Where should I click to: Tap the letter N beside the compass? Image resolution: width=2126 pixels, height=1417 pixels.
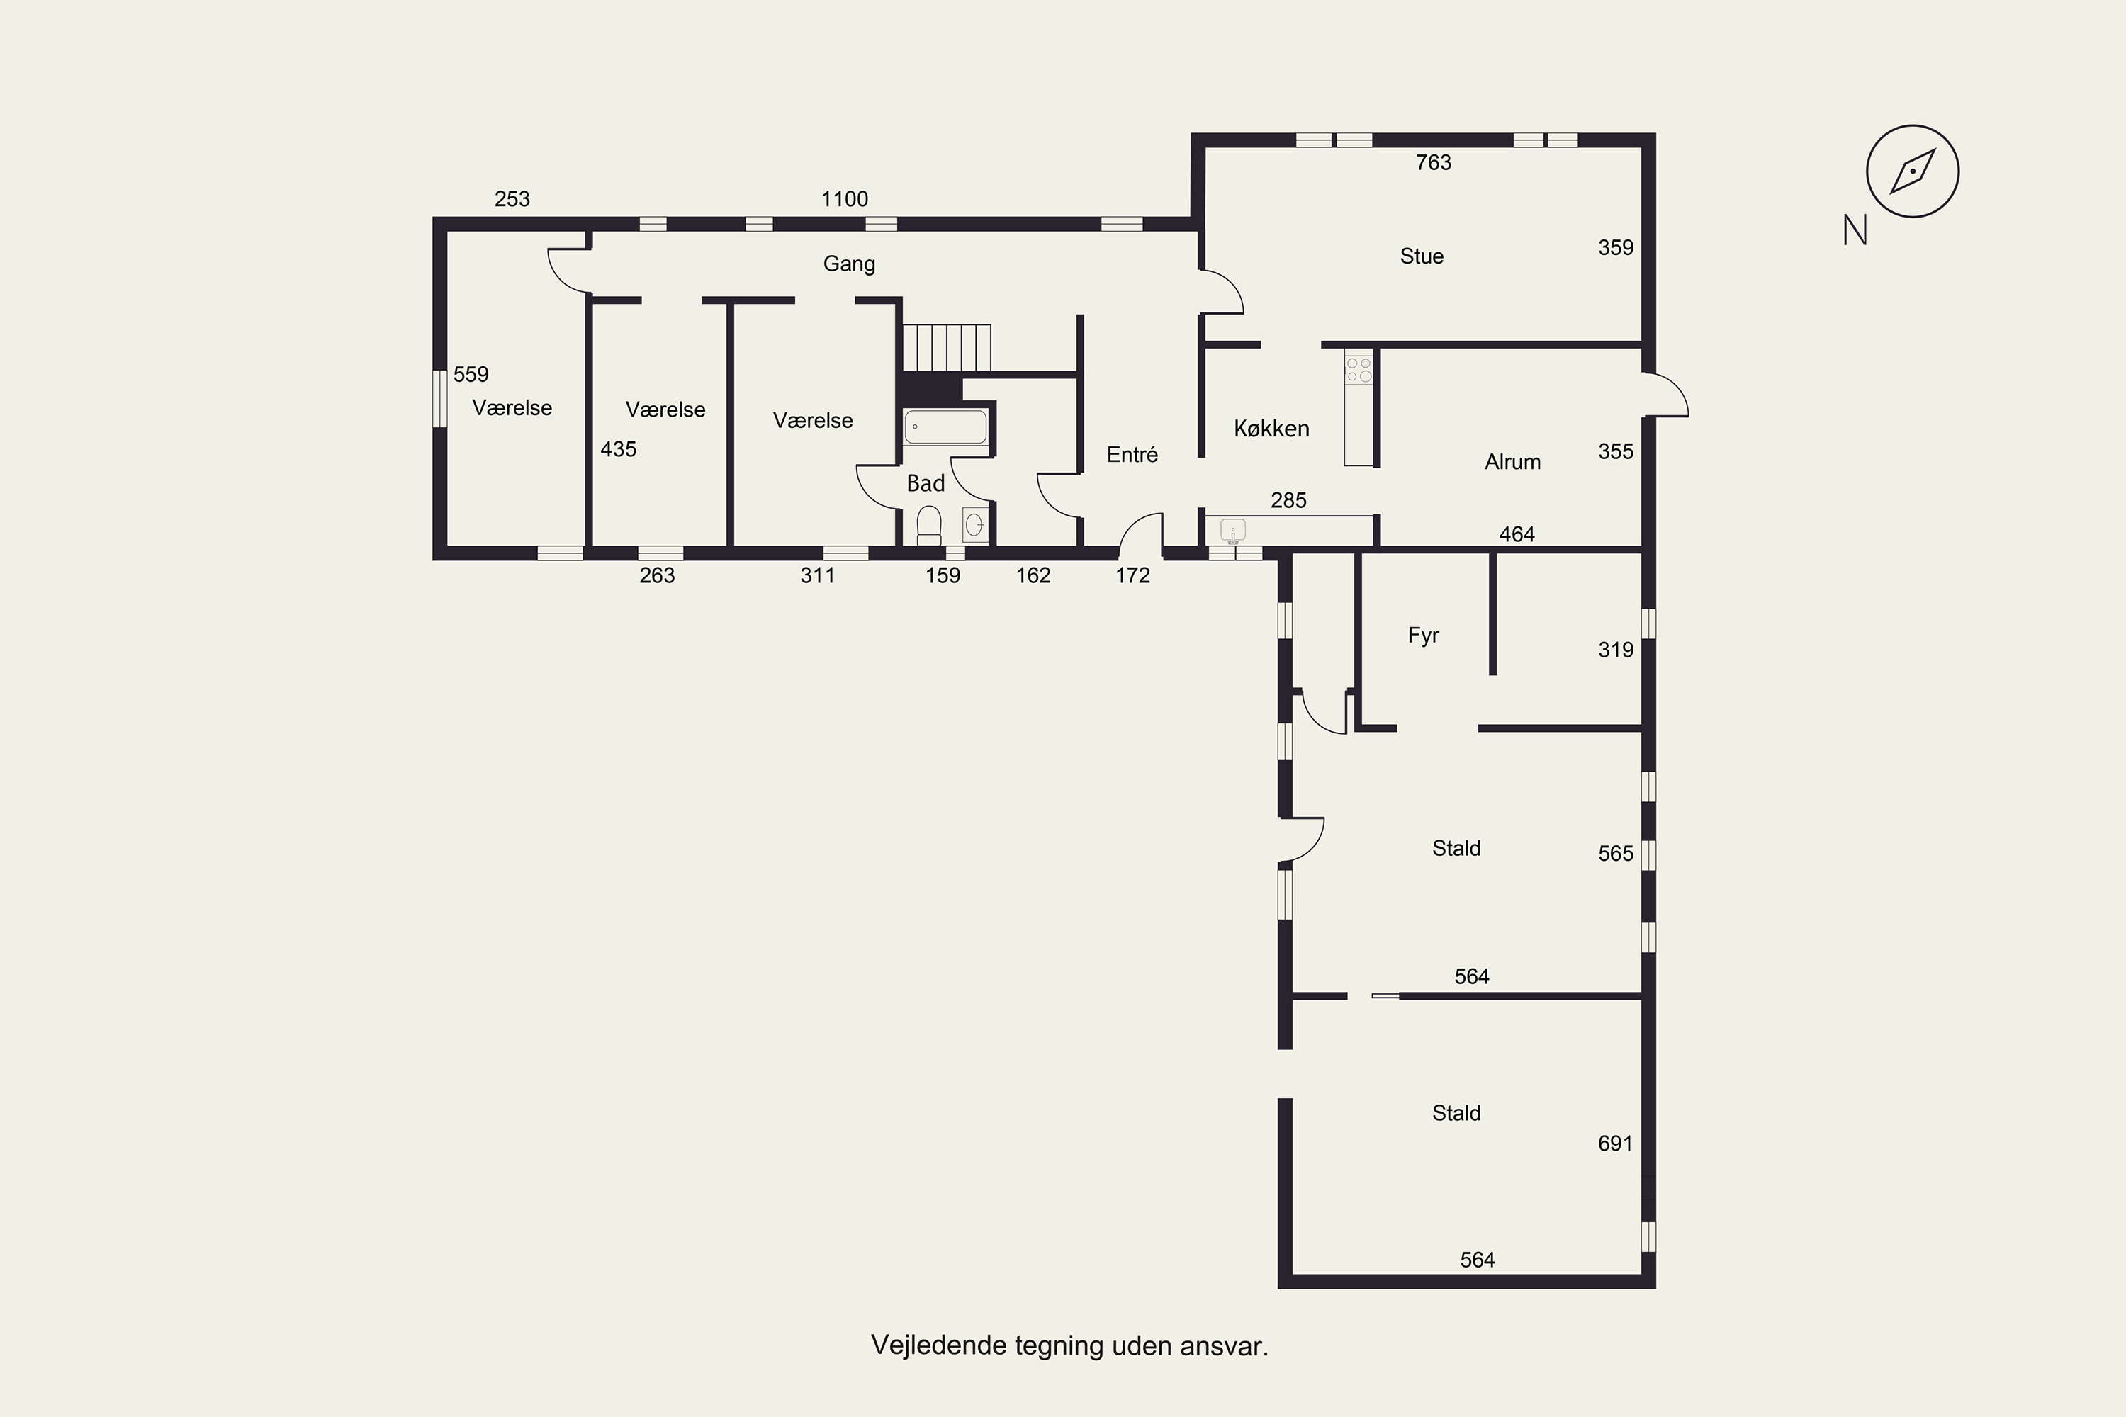click(1855, 230)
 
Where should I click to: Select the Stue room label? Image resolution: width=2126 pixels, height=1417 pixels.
click(1422, 256)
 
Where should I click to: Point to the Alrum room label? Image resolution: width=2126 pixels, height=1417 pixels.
click(1512, 462)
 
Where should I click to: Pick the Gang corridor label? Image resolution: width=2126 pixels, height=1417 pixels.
click(849, 264)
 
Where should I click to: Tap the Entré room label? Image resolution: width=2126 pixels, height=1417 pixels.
click(1132, 455)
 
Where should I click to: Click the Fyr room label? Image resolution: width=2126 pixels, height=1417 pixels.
click(1423, 636)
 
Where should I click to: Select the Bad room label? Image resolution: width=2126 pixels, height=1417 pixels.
click(926, 483)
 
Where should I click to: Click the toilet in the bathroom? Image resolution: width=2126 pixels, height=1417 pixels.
click(929, 525)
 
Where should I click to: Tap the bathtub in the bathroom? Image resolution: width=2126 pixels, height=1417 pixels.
click(945, 427)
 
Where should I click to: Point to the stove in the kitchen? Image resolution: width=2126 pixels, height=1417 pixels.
click(1359, 370)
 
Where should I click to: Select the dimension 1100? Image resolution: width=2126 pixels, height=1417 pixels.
click(844, 199)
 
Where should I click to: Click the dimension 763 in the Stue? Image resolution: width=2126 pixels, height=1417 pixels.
click(1434, 163)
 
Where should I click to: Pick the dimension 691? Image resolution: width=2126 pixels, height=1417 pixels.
click(1615, 1144)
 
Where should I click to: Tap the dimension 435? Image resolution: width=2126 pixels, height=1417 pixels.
click(618, 449)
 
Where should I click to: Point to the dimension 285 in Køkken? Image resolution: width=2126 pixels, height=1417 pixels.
click(1288, 501)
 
